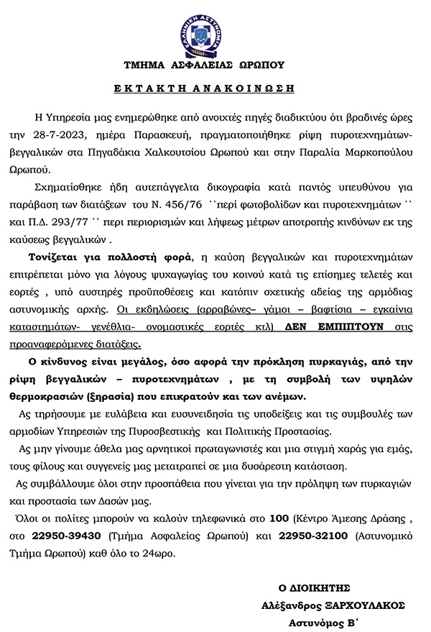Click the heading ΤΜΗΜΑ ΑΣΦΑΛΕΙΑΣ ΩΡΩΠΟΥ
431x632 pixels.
(x=203, y=64)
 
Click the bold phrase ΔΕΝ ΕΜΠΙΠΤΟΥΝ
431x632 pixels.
(x=323, y=326)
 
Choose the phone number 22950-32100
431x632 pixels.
(x=310, y=536)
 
